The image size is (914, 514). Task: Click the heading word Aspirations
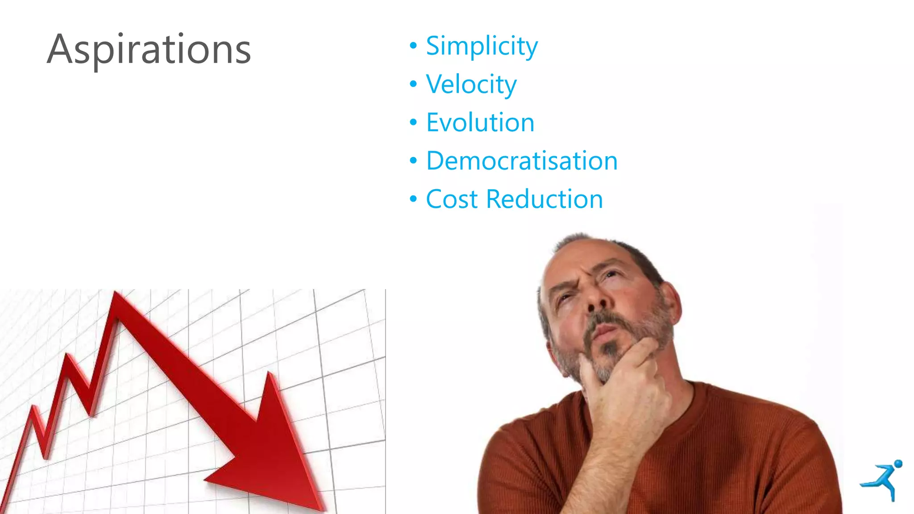click(149, 50)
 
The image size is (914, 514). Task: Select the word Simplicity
click(482, 46)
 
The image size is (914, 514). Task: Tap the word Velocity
click(471, 84)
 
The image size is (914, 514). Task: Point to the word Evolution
click(480, 123)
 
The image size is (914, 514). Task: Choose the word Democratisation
click(522, 161)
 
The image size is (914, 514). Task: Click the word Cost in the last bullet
click(452, 199)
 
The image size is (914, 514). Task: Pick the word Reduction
click(544, 199)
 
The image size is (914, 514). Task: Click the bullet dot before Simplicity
click(413, 46)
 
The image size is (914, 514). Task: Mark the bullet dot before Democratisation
click(413, 161)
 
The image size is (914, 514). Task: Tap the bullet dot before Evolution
click(413, 122)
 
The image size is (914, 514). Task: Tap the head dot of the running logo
click(898, 464)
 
